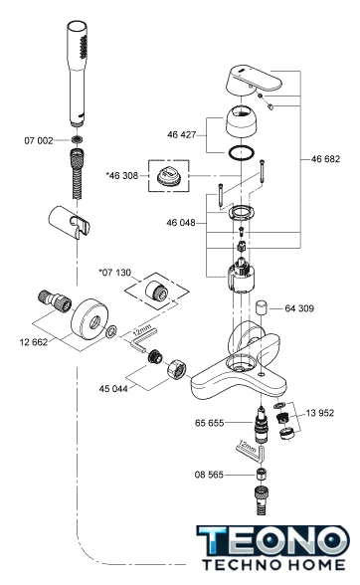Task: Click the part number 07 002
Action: click(x=39, y=140)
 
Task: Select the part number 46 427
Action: click(x=181, y=134)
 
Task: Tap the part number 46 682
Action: click(x=325, y=159)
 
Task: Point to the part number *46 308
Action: click(x=122, y=175)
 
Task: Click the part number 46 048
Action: click(x=181, y=223)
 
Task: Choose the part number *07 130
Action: click(x=115, y=273)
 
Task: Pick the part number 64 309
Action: click(x=299, y=308)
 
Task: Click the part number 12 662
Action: click(x=34, y=342)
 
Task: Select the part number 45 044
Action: click(x=113, y=389)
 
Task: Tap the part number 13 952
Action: click(x=320, y=413)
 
